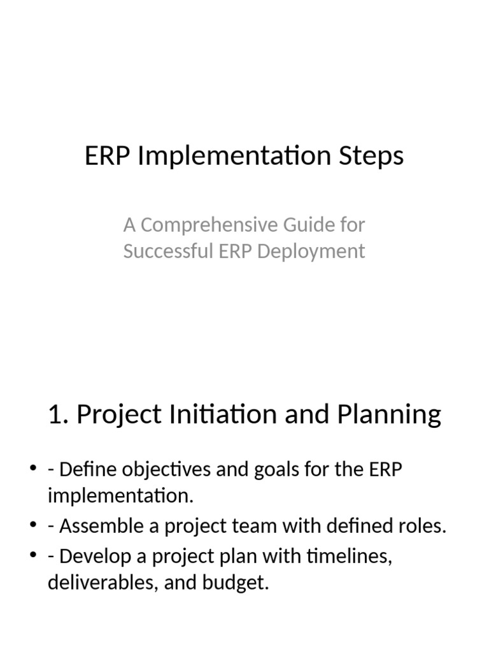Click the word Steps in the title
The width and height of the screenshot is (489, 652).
click(x=374, y=156)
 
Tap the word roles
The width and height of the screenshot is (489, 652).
click(x=423, y=527)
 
